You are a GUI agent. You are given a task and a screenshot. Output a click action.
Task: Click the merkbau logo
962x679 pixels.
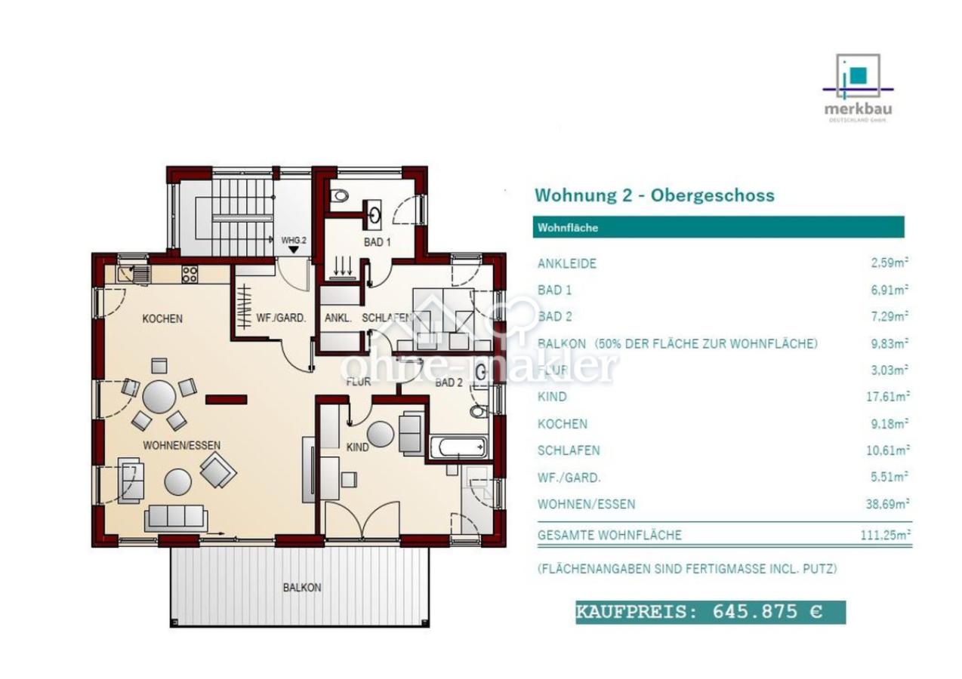point(857,87)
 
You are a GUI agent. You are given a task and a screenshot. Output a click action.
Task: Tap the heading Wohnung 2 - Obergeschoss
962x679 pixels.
point(654,195)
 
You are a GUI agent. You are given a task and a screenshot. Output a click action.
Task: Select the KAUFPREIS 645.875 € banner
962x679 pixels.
point(710,612)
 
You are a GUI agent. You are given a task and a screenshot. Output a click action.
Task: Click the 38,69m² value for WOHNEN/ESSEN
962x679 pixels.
point(886,504)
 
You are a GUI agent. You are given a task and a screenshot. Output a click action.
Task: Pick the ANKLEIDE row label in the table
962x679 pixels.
point(566,263)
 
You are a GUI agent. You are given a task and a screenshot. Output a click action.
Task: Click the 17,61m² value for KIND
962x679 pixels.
point(888,397)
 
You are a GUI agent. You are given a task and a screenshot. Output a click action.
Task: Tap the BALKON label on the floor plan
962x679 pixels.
point(302,587)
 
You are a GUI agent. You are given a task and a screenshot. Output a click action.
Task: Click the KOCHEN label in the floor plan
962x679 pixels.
point(162,318)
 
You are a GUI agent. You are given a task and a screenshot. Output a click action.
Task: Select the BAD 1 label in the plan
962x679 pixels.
point(377,242)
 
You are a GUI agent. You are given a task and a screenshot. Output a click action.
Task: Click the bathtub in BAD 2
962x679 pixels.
point(458,447)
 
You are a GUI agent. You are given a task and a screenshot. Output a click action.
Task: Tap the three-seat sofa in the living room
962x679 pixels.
point(175,517)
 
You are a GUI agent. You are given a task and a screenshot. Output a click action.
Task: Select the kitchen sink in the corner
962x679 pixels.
point(133,273)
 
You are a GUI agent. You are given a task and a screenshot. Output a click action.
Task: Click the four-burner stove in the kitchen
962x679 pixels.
point(190,275)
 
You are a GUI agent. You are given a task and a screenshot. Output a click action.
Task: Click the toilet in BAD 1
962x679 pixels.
point(341,195)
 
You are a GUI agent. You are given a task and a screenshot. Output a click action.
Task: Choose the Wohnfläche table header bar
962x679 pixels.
point(717,227)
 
